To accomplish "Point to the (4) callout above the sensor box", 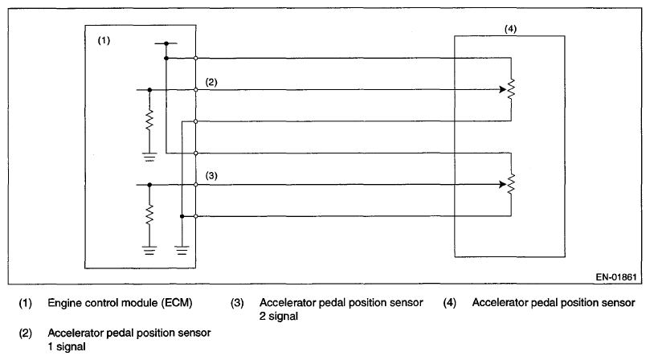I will pos(509,29).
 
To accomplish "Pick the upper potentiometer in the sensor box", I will pos(511,89).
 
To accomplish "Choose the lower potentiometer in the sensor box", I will pos(511,184).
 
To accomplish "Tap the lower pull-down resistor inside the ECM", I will pos(149,215).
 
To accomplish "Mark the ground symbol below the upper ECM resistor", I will pos(149,157).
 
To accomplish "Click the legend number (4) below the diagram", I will pos(449,303).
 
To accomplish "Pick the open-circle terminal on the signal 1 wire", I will pos(196,90).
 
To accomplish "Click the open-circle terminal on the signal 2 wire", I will pos(196,184).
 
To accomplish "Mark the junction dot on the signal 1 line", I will pos(149,90).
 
